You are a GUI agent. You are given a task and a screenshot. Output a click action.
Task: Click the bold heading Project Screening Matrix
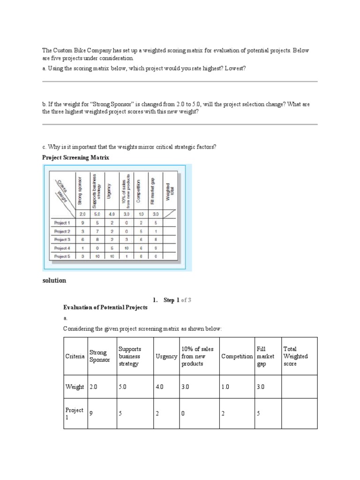point(75,157)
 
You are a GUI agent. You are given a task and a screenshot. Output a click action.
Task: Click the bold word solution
point(54,281)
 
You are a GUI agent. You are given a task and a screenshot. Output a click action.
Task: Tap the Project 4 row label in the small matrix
point(62,248)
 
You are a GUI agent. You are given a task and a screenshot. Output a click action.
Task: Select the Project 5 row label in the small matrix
point(62,256)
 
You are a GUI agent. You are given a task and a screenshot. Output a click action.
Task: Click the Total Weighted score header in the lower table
point(296,356)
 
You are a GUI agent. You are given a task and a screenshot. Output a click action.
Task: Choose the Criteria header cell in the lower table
point(75,357)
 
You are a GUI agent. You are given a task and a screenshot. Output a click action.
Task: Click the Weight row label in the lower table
point(75,387)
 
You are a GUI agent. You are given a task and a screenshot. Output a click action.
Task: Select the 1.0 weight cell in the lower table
point(225,387)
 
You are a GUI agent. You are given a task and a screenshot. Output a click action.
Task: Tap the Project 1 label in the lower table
point(75,413)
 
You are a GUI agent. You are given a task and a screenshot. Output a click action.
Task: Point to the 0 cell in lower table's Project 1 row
point(183,413)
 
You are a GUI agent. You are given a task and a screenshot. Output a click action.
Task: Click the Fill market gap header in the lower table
point(262,356)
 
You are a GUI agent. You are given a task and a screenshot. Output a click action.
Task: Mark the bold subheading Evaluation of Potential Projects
point(105,307)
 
